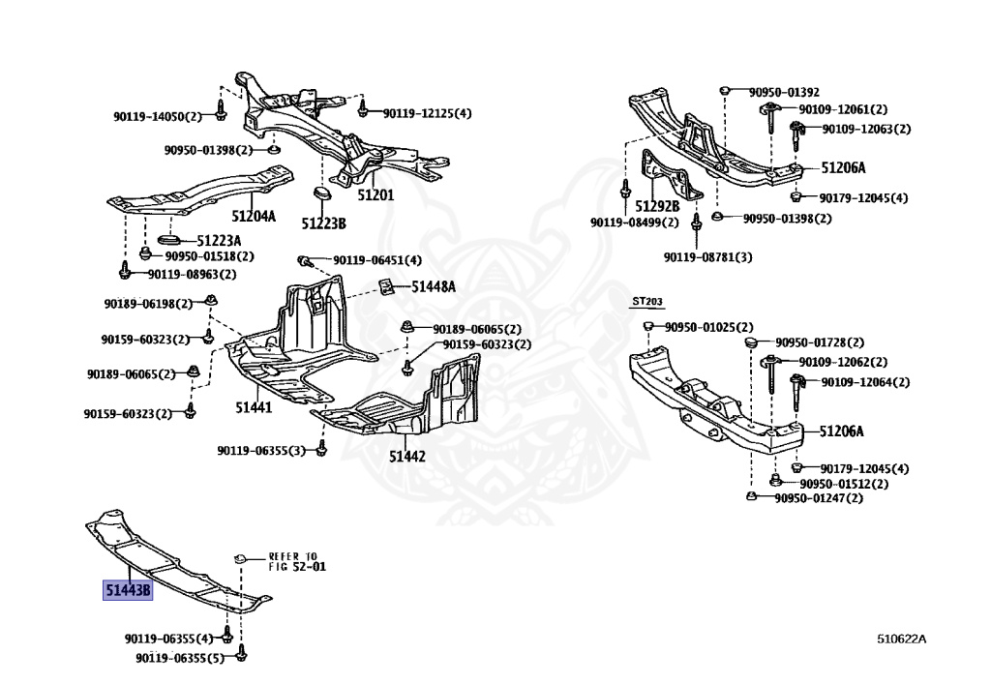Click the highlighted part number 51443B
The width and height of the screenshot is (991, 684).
[128, 589]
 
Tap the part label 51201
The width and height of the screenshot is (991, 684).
[375, 194]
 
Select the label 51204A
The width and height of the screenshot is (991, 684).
[253, 217]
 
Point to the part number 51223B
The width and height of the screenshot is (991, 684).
[322, 223]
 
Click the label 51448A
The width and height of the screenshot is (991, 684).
[433, 286]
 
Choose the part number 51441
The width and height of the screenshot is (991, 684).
[253, 407]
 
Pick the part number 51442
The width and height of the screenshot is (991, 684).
[407, 456]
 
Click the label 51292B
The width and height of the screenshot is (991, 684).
[657, 206]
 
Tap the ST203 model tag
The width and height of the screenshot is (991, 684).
[646, 302]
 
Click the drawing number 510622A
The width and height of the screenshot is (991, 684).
[901, 639]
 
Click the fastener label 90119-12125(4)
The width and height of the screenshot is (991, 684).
[427, 113]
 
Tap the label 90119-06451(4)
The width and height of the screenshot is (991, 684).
[377, 260]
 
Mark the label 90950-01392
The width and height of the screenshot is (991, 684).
[783, 92]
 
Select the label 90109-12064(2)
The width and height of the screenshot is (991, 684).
[865, 382]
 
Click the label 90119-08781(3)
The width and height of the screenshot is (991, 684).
[707, 256]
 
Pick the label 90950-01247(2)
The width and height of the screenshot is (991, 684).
[818, 498]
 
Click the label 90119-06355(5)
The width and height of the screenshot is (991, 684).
[181, 658]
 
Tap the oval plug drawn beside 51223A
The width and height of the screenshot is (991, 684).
[167, 238]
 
